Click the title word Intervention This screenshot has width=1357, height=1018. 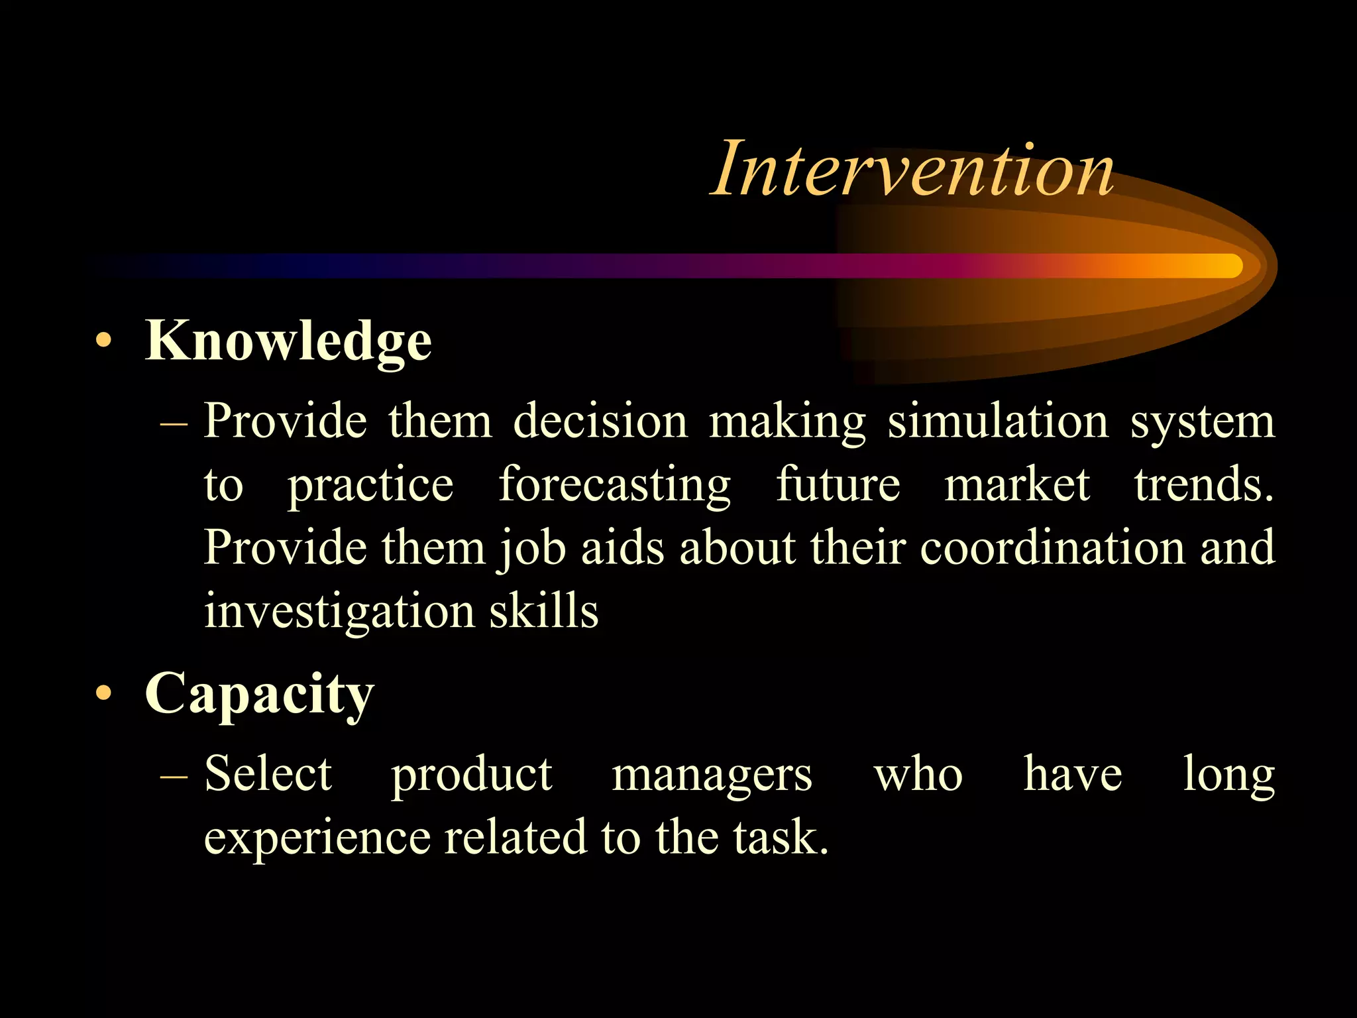[912, 170]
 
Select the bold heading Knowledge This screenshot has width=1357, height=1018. [288, 341]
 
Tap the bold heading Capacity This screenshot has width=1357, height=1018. [260, 693]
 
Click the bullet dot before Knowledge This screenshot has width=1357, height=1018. [103, 341]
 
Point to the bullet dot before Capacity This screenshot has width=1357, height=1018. [103, 693]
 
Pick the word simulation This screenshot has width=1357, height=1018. [998, 422]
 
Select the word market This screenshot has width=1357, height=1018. [1016, 484]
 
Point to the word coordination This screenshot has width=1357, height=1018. [1052, 547]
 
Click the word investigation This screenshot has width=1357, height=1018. [339, 611]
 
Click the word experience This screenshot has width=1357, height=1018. [317, 838]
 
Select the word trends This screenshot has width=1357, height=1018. [1203, 484]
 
